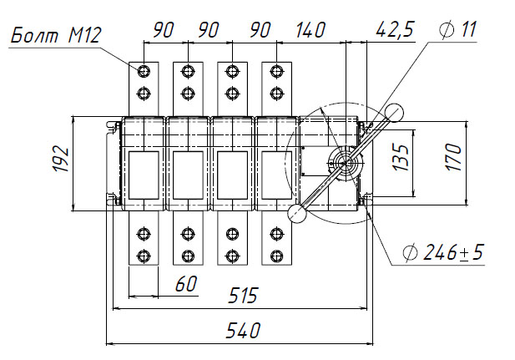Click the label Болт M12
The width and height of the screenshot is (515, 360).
57,36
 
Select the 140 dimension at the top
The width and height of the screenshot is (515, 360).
311,30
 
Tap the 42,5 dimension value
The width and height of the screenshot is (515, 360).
394,30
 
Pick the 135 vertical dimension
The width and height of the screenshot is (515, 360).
401,155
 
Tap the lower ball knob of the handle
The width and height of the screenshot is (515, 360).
296,214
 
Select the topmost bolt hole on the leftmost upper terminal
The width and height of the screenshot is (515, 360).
144,70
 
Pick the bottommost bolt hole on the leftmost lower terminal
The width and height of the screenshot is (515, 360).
144,255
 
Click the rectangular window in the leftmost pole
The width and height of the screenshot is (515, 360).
144,175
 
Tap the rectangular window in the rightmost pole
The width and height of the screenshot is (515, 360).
275,175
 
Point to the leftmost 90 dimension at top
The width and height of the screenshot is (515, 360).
163,30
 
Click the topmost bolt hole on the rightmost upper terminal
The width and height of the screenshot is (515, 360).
275,70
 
